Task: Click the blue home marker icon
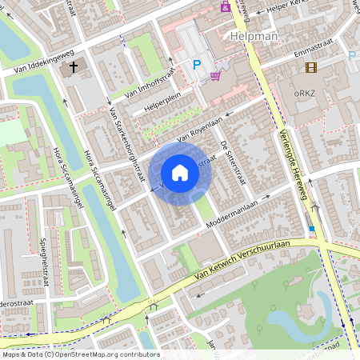point(180,173)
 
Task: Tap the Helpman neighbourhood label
point(253,36)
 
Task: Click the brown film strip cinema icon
point(310,67)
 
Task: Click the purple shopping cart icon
point(215,76)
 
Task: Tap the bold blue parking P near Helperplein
point(195,65)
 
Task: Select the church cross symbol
point(74,68)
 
